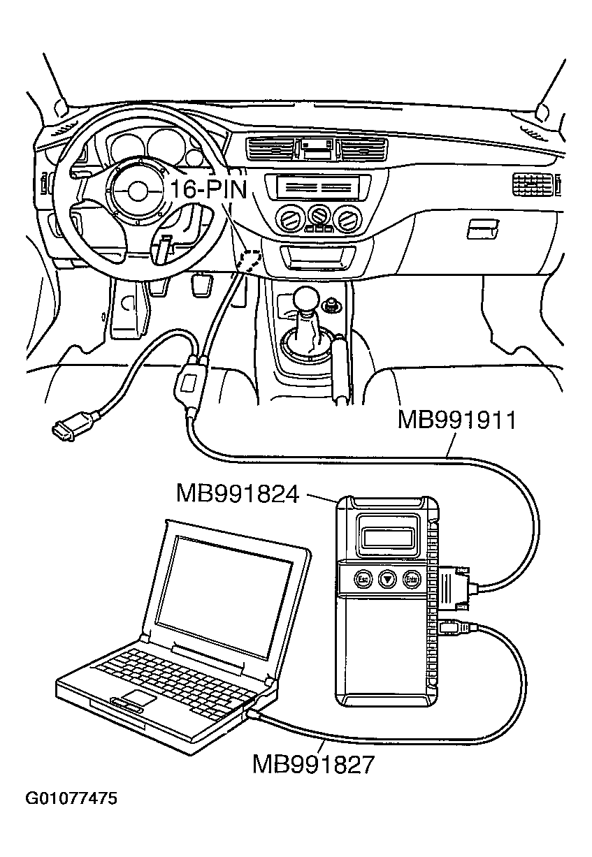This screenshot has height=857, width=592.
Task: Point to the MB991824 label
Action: tap(238, 495)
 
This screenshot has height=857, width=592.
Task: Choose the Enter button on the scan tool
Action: tap(412, 578)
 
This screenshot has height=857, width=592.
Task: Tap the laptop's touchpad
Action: tap(137, 698)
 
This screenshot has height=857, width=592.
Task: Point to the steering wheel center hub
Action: tap(137, 190)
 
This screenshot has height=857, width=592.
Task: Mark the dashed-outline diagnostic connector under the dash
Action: tap(249, 260)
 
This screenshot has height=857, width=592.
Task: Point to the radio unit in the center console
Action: tap(317, 187)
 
